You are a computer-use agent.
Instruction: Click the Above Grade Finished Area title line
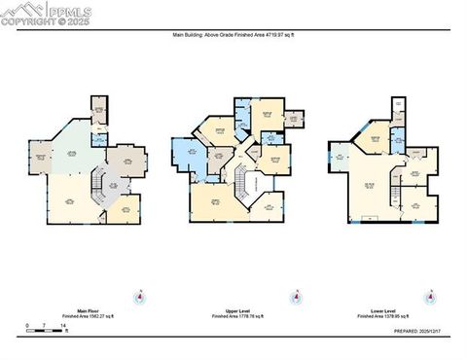pyautogui.click(x=233, y=33)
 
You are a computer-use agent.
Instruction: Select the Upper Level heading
pyautogui.click(x=232, y=310)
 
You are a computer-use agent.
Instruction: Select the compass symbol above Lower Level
pyautogui.click(x=428, y=297)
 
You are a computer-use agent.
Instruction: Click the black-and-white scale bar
pyautogui.click(x=47, y=331)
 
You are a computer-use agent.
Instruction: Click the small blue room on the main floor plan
pyautogui.click(x=100, y=139)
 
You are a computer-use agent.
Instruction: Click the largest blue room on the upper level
pyautogui.click(x=188, y=156)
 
